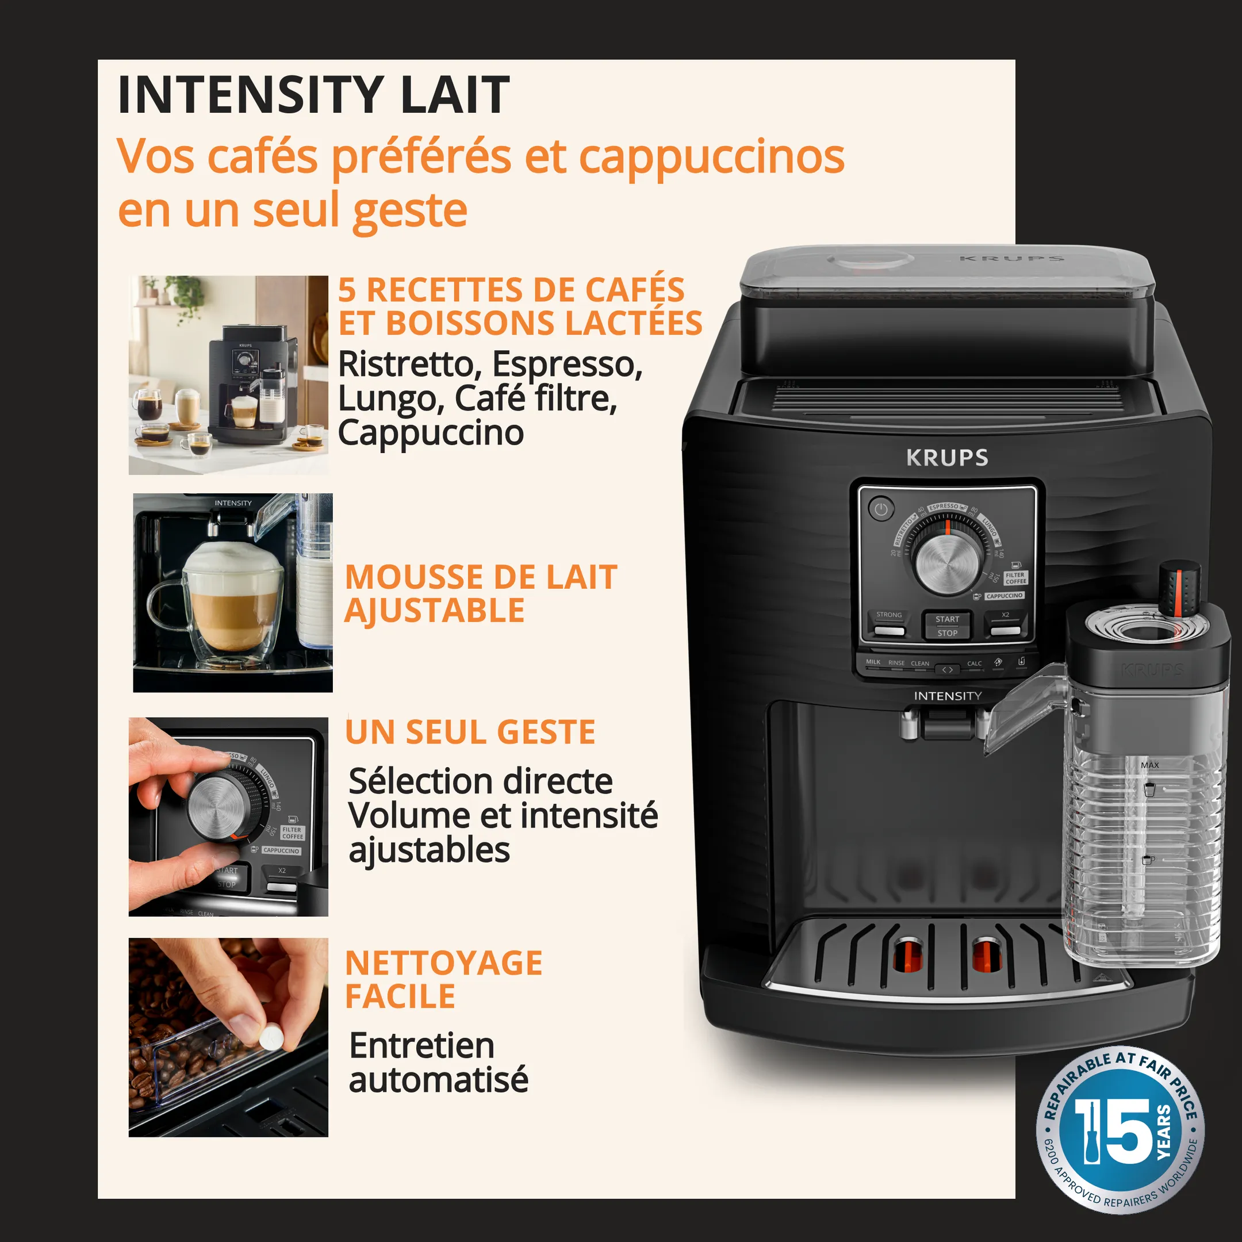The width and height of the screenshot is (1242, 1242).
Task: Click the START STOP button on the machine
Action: point(947,626)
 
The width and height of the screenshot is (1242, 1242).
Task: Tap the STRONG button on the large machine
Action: point(889,623)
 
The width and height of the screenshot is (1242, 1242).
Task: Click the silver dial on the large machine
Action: point(947,563)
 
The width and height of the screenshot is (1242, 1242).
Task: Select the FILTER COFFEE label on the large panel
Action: point(1015,578)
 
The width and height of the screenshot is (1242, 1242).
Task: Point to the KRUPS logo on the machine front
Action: point(947,458)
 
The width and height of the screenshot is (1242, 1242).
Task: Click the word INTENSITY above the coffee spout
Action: point(948,696)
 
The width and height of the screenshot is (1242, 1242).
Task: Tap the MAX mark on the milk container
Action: point(1149,765)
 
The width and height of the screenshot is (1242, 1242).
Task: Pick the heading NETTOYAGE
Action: point(443,963)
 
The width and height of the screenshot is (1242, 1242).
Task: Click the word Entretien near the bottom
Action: point(421,1045)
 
